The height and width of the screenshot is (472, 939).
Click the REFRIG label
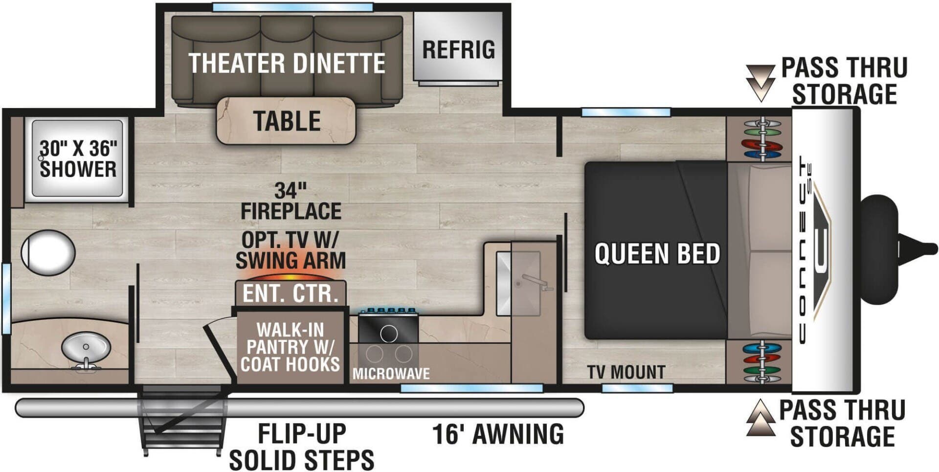click(x=458, y=50)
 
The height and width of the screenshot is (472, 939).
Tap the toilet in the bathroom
click(x=48, y=253)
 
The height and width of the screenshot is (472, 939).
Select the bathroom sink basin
click(x=86, y=349)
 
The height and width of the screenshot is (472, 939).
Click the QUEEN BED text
click(x=657, y=254)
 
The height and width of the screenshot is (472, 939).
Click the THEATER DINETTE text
click(x=287, y=64)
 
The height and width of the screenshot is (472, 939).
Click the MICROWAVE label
click(x=391, y=374)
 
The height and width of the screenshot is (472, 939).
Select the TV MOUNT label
click(x=626, y=372)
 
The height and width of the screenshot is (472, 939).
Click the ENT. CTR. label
click(x=291, y=294)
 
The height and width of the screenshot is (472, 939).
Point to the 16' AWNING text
click(x=498, y=434)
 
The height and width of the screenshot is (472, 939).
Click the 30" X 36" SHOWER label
click(x=78, y=159)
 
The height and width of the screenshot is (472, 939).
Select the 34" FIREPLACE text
click(x=291, y=201)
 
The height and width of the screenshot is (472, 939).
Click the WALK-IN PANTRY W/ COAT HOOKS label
click(x=290, y=347)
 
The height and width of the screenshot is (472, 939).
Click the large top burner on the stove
click(x=389, y=334)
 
